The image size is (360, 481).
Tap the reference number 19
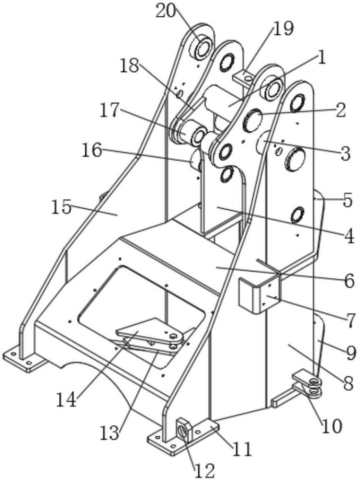click(x=283, y=28)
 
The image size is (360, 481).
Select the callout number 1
click(x=321, y=58)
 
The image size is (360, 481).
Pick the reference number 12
click(x=205, y=471)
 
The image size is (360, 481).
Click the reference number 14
click(x=66, y=400)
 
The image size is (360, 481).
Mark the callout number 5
click(x=347, y=201)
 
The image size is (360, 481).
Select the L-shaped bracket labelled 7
click(x=260, y=294)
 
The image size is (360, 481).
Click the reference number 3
click(x=346, y=154)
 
